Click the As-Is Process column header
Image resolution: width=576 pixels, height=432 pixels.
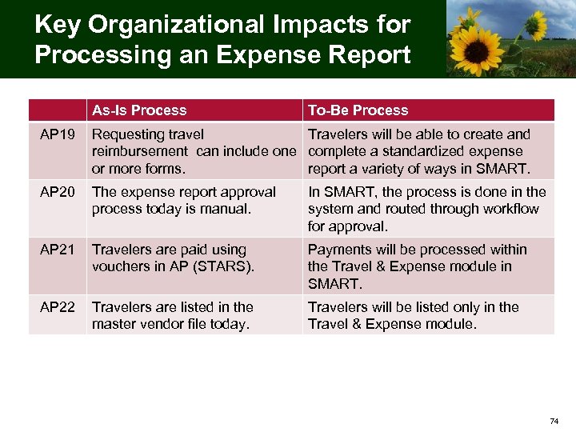point(139,110)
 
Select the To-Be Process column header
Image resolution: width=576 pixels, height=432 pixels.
point(358,110)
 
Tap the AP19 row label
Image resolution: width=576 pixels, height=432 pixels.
point(57,134)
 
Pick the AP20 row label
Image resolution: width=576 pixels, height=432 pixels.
point(57,192)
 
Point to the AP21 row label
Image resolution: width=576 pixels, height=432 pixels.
point(57,250)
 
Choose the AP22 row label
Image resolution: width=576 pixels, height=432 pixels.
point(57,307)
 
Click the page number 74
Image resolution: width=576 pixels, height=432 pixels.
point(554,421)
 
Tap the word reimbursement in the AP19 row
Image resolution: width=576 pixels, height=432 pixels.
point(138,151)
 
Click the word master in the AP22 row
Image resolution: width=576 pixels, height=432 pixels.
point(114,324)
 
